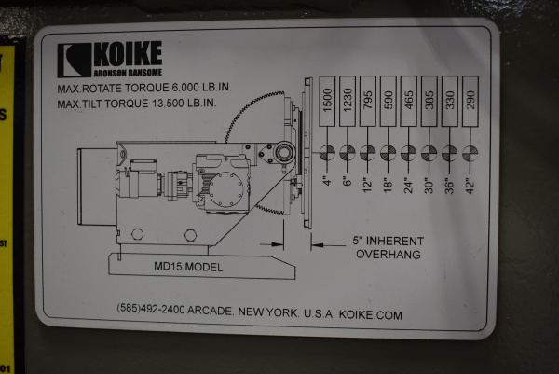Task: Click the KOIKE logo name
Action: coord(127,52)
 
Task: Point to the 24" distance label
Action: coord(409,180)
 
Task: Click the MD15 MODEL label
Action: coord(187,266)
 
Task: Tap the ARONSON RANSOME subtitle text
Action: coord(127,71)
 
